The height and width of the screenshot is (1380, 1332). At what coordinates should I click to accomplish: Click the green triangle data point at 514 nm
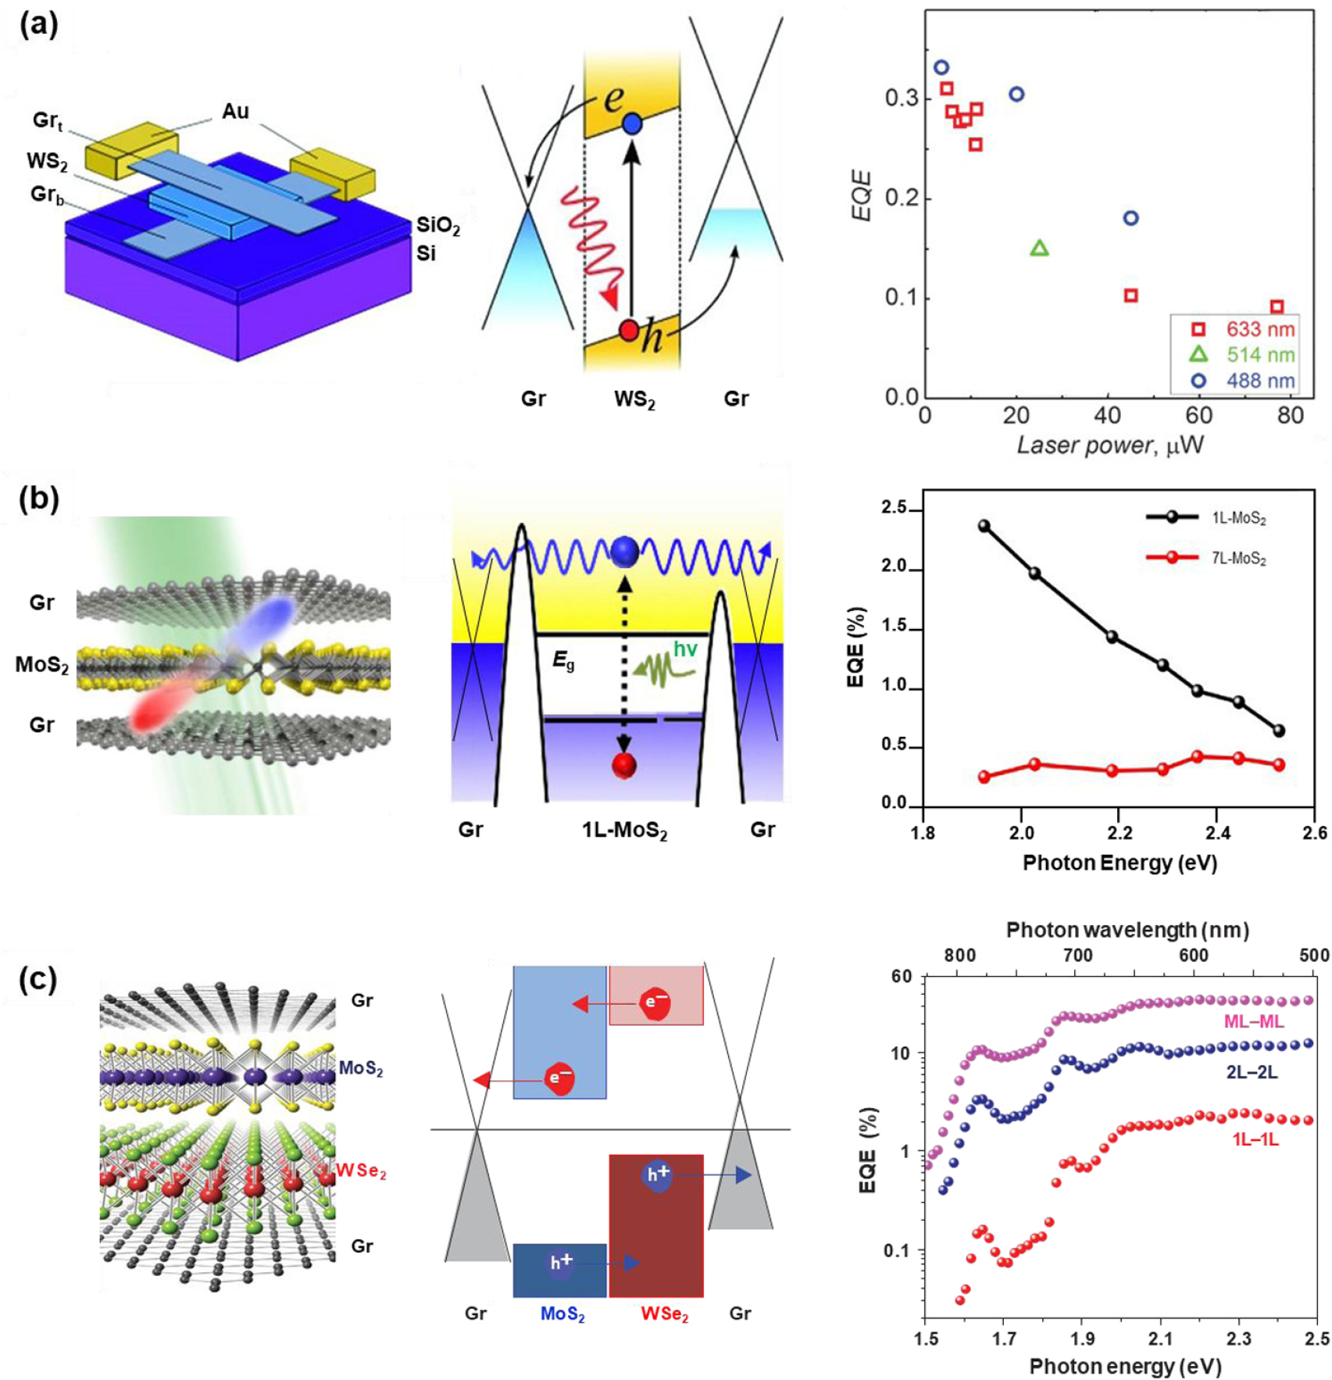tap(1039, 248)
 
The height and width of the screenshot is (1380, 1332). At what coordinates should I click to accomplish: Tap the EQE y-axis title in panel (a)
tap(862, 195)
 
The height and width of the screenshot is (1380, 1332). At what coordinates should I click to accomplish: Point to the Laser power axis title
tap(1109, 445)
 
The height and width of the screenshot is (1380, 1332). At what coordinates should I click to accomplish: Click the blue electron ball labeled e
tap(632, 123)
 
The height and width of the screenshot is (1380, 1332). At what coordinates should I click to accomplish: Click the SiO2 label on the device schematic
tap(437, 226)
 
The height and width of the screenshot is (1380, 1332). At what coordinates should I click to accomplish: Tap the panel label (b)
tap(39, 499)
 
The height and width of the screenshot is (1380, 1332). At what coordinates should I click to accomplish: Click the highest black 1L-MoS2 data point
tap(984, 526)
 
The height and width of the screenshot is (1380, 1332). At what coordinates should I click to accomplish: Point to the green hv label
tap(685, 648)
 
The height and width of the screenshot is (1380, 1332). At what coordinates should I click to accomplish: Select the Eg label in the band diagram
tap(563, 660)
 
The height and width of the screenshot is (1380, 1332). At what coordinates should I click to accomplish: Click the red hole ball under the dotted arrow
tap(623, 765)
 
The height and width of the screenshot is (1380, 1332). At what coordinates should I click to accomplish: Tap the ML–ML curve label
tap(1254, 1021)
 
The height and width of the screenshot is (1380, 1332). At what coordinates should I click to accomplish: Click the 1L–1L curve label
tap(1255, 1139)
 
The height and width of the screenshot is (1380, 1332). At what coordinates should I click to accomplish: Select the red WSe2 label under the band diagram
tap(664, 1314)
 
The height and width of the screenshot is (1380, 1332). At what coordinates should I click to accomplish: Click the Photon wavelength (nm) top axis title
tap(1127, 930)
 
